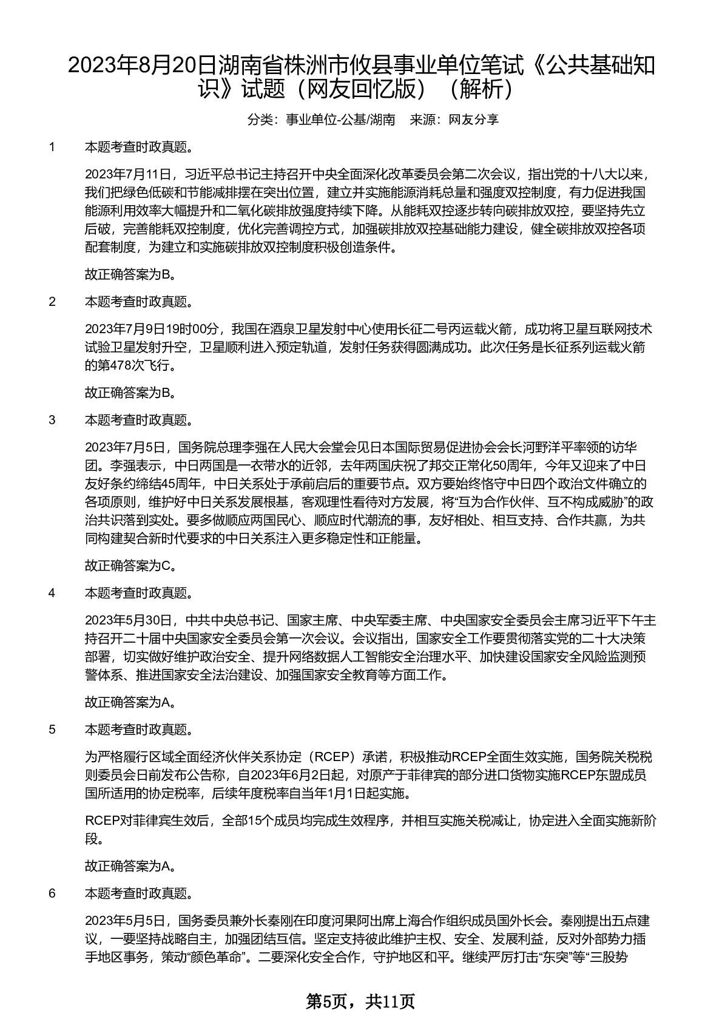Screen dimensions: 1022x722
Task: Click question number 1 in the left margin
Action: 52,147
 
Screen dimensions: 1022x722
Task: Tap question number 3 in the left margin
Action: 52,420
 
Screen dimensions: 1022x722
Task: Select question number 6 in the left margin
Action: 52,893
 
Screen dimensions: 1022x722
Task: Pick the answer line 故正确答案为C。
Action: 130,566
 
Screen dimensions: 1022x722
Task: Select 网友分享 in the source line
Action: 473,120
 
